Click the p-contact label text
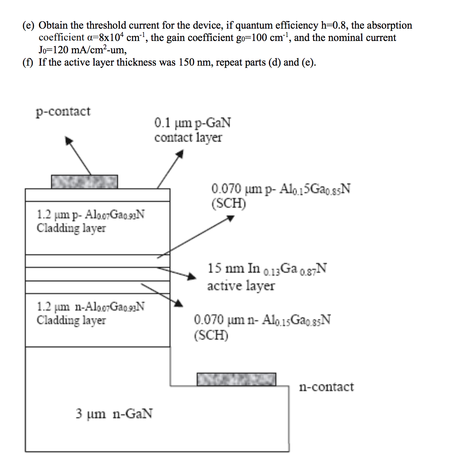tap(63, 112)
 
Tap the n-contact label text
tap(326, 387)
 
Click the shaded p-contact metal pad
tap(84, 182)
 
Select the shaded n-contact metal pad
tap(236, 379)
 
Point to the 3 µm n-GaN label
tap(114, 414)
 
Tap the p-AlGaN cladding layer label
tap(90, 221)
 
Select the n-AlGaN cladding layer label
tap(90, 313)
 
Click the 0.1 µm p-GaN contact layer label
tap(193, 130)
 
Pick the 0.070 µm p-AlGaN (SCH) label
tap(281, 196)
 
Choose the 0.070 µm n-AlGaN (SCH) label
tap(262, 327)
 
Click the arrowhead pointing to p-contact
tap(69, 140)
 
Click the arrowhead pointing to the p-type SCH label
tap(231, 218)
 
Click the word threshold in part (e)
tap(106, 25)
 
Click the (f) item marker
tap(28, 62)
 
